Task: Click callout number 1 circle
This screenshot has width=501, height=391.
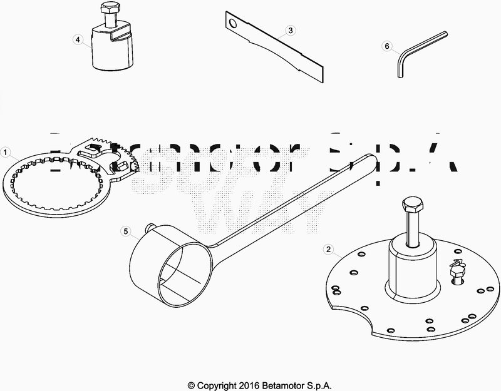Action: pos(5,152)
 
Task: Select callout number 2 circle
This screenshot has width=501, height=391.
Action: pos(328,248)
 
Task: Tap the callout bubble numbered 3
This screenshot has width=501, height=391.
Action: pos(291,30)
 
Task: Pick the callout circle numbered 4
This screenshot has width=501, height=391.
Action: pos(78,39)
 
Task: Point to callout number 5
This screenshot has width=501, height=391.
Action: pos(125,231)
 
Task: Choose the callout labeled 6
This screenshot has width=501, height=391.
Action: pos(387,46)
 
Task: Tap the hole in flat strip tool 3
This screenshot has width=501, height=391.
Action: pos(233,24)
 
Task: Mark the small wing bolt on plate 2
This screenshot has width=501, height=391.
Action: pos(457,269)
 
